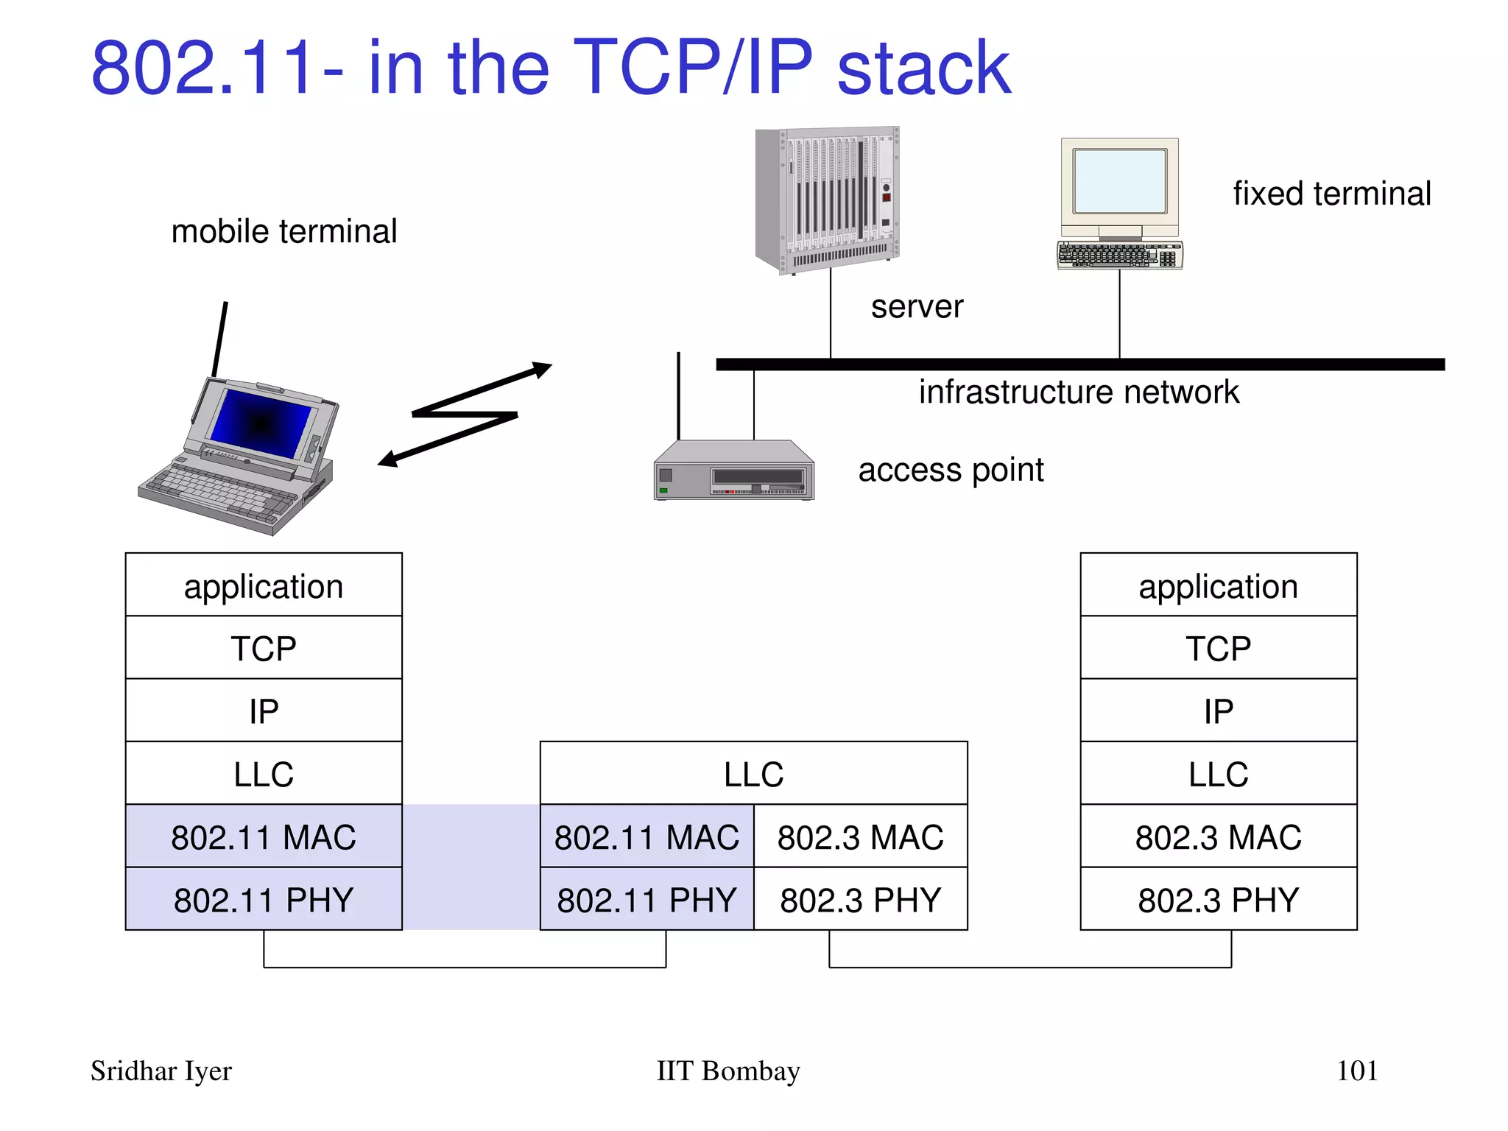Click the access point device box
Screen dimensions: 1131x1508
(x=734, y=471)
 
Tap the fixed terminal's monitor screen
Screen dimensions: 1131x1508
(x=1119, y=181)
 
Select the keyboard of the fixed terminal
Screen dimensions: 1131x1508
(x=1119, y=255)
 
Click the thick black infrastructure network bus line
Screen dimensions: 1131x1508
(x=1079, y=364)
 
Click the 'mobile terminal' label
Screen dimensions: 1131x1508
(x=284, y=231)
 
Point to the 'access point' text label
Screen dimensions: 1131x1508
(x=951, y=470)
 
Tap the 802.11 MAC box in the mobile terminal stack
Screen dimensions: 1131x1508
(x=264, y=837)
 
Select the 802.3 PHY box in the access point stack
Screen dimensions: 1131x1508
(x=860, y=900)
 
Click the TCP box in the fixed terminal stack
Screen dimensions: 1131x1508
(x=1218, y=649)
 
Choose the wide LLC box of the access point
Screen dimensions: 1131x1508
(x=753, y=774)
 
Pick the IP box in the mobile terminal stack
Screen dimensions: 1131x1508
(x=264, y=711)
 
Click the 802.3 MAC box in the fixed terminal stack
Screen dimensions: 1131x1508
(x=1218, y=837)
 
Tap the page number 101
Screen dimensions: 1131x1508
(x=1356, y=1071)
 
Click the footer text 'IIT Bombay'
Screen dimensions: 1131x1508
(x=727, y=1071)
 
